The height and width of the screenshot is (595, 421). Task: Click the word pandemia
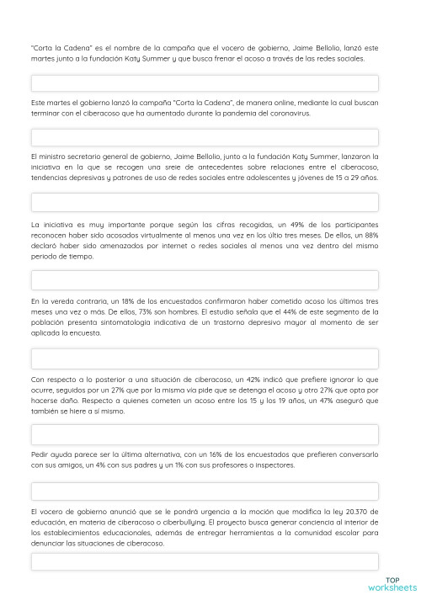click(x=213, y=112)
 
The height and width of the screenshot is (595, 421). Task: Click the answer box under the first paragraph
click(x=205, y=83)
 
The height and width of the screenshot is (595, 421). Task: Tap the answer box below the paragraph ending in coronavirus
click(x=205, y=137)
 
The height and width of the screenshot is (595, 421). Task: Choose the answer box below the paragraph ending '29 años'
click(x=205, y=202)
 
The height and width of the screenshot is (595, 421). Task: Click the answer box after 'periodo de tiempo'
click(x=205, y=280)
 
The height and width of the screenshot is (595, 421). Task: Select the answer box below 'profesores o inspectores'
click(x=205, y=491)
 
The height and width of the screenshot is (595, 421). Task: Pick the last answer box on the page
click(x=205, y=562)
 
